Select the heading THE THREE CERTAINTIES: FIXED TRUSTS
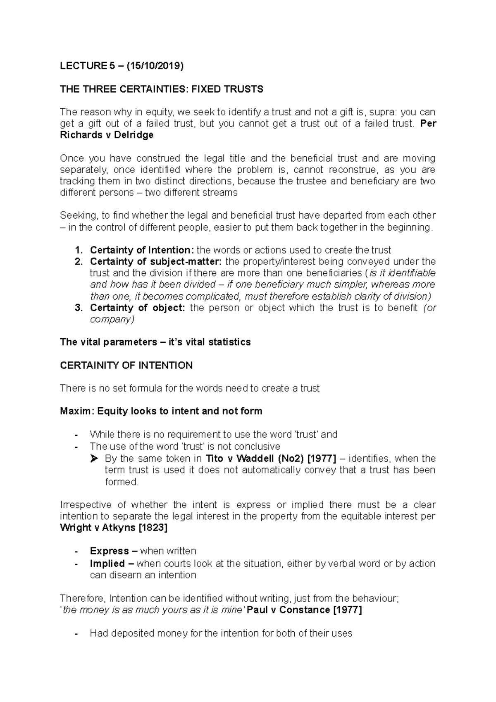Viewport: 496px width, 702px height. [x=161, y=89]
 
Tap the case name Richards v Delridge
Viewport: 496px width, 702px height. [x=107, y=135]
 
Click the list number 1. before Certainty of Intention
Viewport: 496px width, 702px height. [x=79, y=250]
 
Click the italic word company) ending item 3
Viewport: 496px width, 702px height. [x=112, y=319]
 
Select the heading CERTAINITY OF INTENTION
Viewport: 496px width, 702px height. [x=126, y=365]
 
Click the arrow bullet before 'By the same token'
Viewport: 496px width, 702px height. [x=94, y=458]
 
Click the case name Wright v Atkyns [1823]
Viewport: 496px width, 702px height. [x=114, y=528]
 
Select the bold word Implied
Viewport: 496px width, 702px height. [x=107, y=564]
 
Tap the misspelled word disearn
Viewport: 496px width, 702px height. [x=126, y=575]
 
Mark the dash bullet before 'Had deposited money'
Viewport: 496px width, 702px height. [x=75, y=633]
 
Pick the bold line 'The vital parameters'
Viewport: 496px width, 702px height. [x=155, y=342]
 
